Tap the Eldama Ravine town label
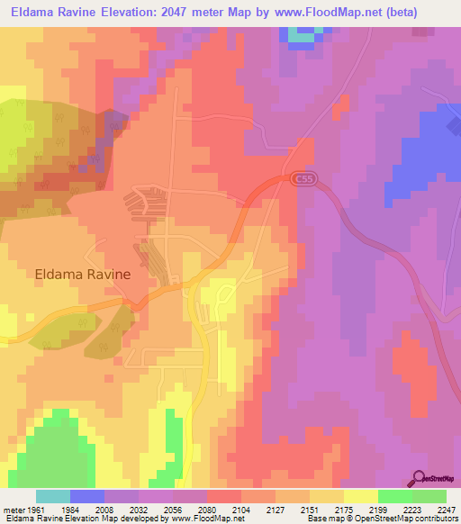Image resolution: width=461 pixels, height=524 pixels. [83, 274]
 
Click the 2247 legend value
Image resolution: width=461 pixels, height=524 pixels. [447, 509]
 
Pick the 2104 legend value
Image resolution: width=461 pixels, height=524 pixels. [241, 509]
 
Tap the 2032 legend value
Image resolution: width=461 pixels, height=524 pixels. [139, 509]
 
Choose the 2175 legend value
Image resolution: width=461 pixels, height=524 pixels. [344, 509]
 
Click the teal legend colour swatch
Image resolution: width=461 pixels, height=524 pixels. [53, 496]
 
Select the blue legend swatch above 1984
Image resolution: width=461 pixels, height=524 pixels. [87, 496]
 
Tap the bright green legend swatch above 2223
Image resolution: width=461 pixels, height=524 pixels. [394, 496]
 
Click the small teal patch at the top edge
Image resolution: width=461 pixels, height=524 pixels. [304, 36]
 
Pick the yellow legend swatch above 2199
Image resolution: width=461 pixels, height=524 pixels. [360, 496]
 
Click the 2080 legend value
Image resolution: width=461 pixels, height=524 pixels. [207, 509]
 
